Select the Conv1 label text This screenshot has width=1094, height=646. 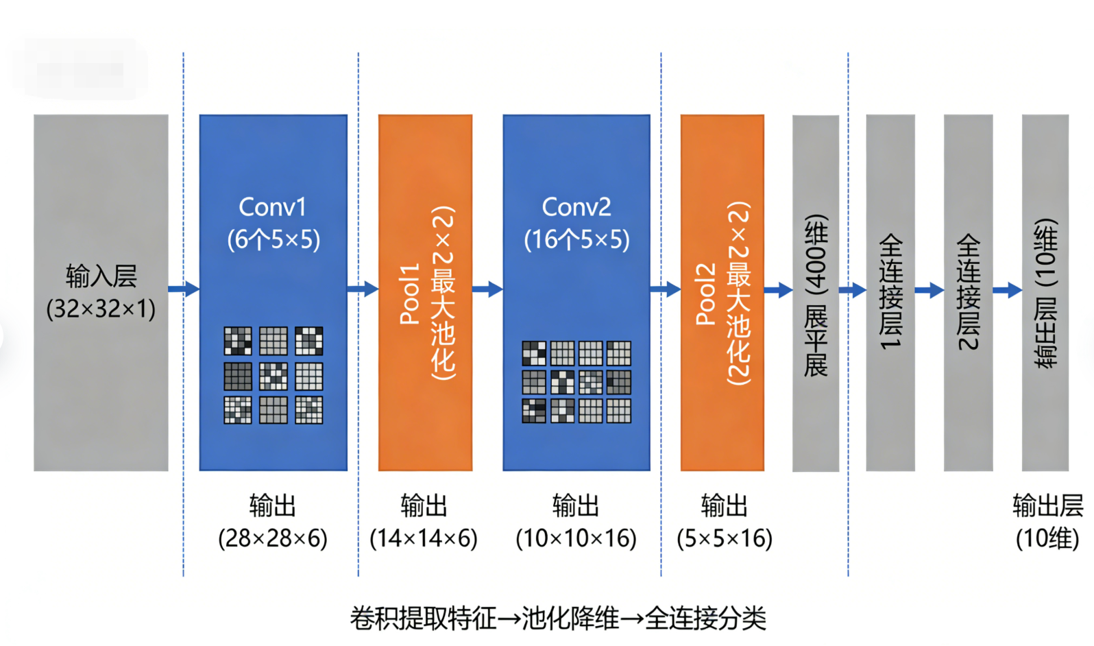pyautogui.click(x=272, y=207)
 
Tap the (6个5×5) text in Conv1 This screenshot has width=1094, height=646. pyautogui.click(x=273, y=239)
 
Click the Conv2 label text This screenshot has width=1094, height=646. pyautogui.click(x=576, y=207)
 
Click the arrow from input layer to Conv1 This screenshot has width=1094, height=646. pyautogui.click(x=184, y=289)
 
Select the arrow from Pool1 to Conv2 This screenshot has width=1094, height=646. pyautogui.click(x=487, y=289)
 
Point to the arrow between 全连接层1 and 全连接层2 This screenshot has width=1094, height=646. pyautogui.click(x=929, y=290)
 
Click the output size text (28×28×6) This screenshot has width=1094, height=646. pyautogui.click(x=273, y=538)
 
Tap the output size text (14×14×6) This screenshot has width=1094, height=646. pyautogui.click(x=424, y=538)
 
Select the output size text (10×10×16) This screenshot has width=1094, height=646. pyautogui.click(x=576, y=538)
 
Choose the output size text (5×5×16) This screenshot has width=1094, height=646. pyautogui.click(x=725, y=538)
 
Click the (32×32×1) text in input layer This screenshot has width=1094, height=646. pyautogui.click(x=101, y=309)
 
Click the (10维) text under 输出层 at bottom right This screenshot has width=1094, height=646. pyautogui.click(x=1047, y=538)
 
